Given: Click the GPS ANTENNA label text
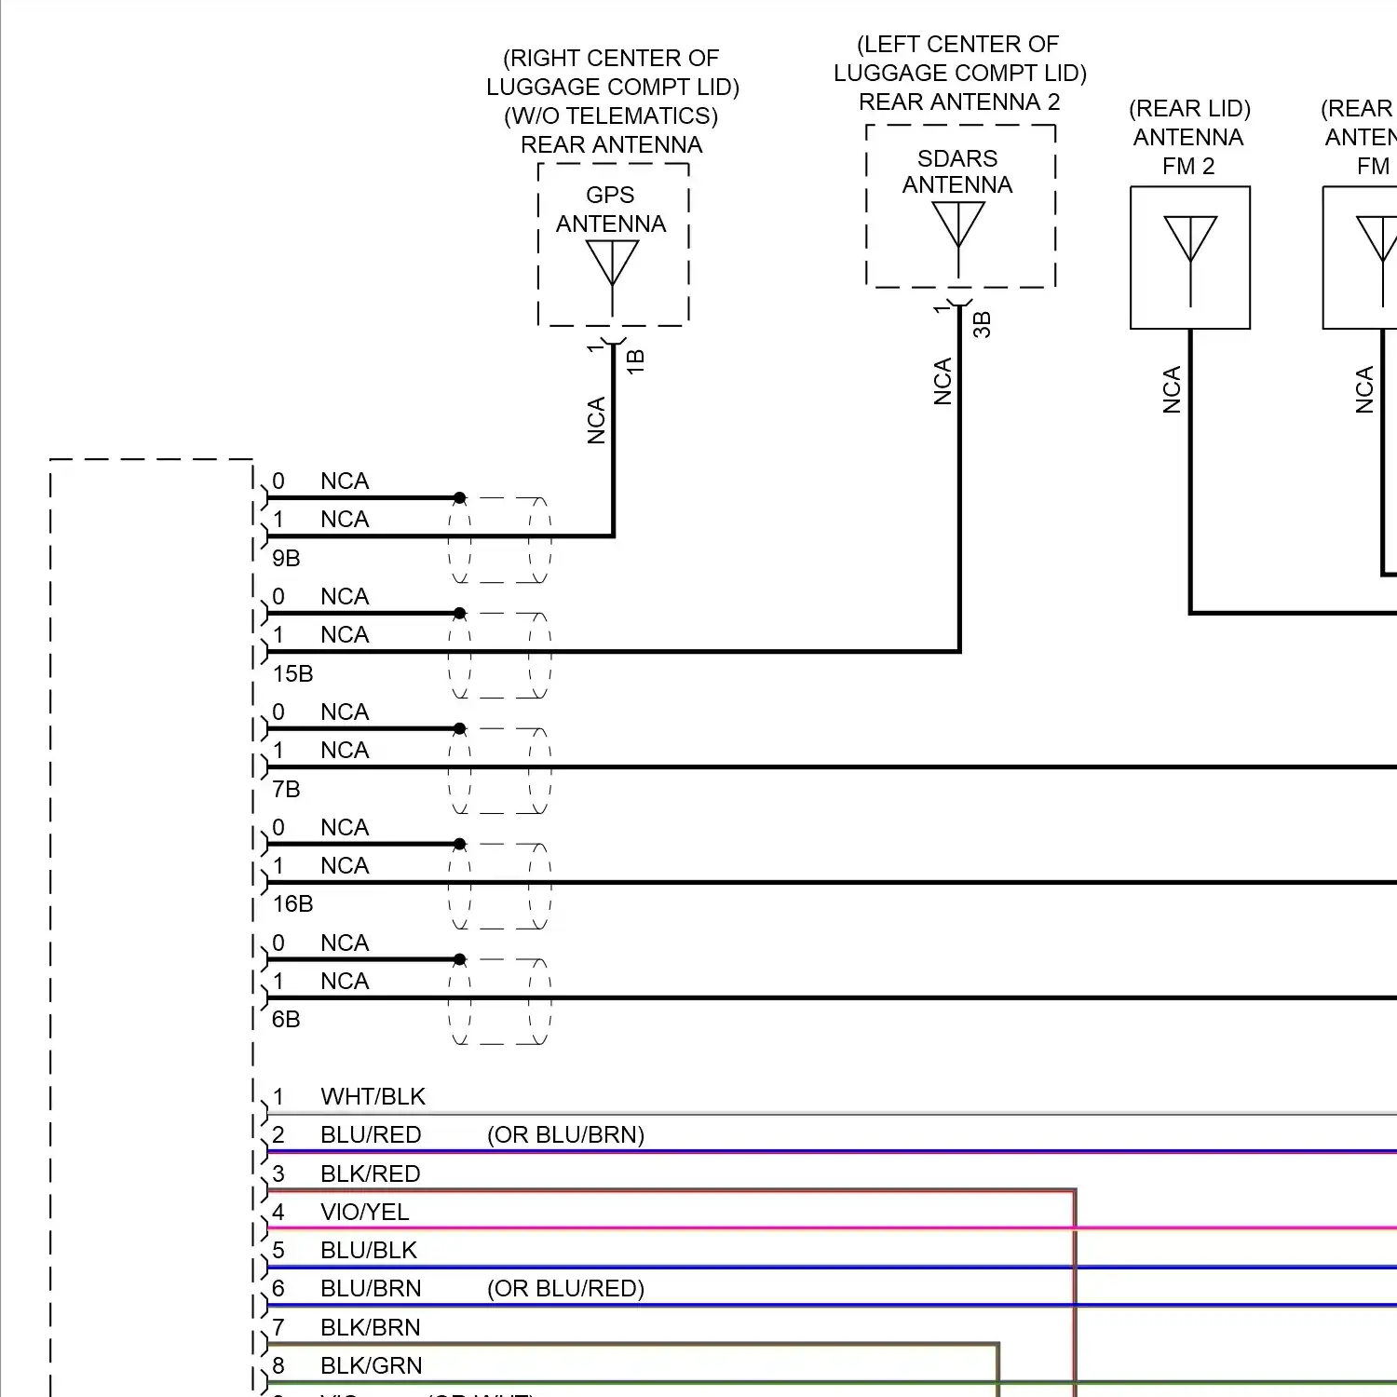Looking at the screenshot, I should point(611,210).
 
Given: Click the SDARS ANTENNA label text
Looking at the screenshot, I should point(957,171).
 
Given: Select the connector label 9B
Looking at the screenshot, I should point(286,558).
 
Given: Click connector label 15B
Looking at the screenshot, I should point(292,673).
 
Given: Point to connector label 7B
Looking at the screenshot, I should point(286,789).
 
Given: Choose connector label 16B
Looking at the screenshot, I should point(292,903).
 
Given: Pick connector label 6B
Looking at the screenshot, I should point(286,1019).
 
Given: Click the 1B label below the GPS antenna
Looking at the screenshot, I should point(636,361).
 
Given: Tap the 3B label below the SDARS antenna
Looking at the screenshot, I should point(983,324).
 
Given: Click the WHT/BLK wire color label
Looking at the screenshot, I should point(373,1096).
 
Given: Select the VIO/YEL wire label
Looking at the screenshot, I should point(364,1212).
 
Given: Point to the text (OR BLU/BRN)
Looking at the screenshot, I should point(565,1134).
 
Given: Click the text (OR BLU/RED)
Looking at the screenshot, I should point(565,1288).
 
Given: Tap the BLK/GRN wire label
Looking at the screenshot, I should point(371,1365).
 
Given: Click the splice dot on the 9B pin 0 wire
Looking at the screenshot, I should point(459,498).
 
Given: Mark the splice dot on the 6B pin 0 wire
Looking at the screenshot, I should point(459,959).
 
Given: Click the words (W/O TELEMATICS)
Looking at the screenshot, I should point(611,115).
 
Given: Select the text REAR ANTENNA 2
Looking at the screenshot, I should point(959,102).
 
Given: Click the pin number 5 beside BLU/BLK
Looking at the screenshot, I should point(278,1250).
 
